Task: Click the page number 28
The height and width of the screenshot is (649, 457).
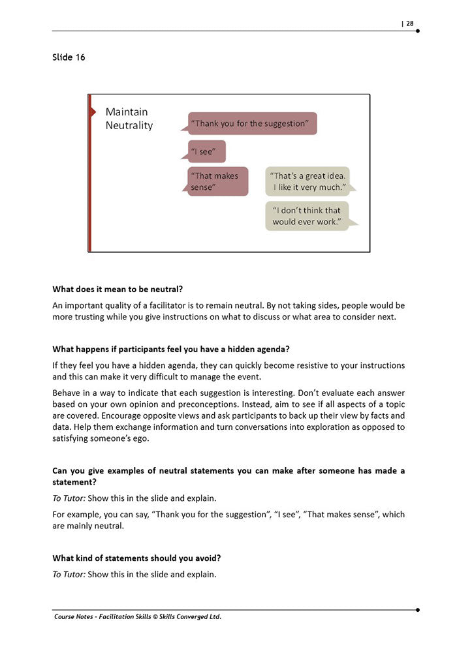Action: (x=409, y=23)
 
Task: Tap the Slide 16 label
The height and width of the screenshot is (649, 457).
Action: (x=69, y=57)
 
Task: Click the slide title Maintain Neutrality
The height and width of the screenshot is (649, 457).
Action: (x=129, y=118)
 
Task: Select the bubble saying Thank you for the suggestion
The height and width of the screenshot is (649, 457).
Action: (x=253, y=123)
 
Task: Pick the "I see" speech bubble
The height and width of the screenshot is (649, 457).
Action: (x=206, y=151)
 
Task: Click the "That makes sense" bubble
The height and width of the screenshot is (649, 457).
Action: (x=218, y=181)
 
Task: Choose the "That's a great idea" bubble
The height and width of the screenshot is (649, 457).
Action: (x=308, y=181)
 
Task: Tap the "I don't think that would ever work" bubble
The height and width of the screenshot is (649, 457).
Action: (x=307, y=216)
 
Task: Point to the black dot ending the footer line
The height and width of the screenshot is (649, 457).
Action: (x=418, y=610)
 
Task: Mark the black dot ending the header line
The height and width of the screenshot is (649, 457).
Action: (x=418, y=31)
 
